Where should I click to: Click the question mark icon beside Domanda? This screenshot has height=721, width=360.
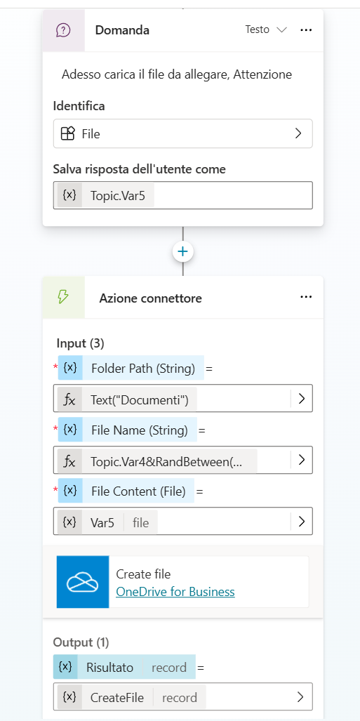[x=63, y=30]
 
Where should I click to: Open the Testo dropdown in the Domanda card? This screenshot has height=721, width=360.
[x=266, y=30]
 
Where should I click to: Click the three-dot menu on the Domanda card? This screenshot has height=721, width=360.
[x=306, y=30]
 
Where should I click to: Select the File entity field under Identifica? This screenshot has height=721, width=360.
[x=183, y=133]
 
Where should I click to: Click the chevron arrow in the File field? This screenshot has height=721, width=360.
[x=298, y=133]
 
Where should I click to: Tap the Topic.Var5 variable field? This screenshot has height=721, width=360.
[x=183, y=195]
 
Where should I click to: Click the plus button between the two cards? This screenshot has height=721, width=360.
[x=183, y=251]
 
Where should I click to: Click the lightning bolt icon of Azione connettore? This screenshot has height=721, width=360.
[x=63, y=298]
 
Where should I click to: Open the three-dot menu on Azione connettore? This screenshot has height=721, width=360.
[x=306, y=297]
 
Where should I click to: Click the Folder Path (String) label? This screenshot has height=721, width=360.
[x=143, y=368]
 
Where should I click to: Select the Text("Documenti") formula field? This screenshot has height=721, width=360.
[x=183, y=398]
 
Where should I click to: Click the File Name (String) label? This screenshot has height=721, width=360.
[x=140, y=430]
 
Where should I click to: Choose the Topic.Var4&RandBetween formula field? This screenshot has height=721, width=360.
[x=183, y=460]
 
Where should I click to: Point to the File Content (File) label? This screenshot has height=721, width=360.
[x=138, y=491]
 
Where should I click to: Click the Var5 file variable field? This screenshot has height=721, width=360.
[x=183, y=522]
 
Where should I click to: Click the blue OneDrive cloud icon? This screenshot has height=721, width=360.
[x=83, y=582]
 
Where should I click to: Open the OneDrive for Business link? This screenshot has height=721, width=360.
[x=175, y=592]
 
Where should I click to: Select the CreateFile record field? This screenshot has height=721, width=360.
[x=183, y=698]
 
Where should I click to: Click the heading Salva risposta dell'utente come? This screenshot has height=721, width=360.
[x=140, y=169]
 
